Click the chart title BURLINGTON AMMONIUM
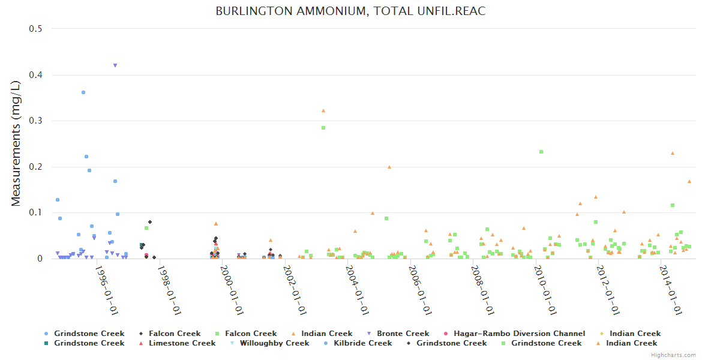click(x=350, y=11)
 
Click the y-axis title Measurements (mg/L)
click(x=16, y=144)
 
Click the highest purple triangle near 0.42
click(x=115, y=65)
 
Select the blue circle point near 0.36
click(x=83, y=92)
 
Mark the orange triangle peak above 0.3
click(x=323, y=110)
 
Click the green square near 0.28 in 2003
click(x=323, y=128)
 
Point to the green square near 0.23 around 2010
click(x=541, y=152)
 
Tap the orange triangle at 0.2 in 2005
click(x=389, y=167)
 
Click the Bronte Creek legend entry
click(x=403, y=334)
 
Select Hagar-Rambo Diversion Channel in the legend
click(x=519, y=334)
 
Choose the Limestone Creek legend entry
click(x=182, y=343)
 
